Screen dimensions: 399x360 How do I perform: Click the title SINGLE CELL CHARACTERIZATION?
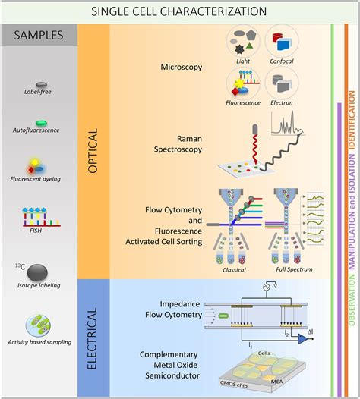179,11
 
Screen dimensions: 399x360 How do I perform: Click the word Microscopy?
182,68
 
